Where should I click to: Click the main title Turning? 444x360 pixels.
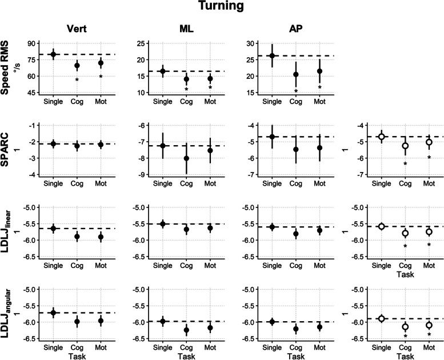click(x=221, y=6)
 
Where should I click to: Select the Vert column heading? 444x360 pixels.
click(x=77, y=29)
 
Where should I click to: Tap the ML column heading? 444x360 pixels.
click(x=186, y=29)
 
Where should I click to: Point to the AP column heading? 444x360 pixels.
click(x=296, y=29)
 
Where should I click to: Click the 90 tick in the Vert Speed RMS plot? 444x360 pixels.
click(x=31, y=43)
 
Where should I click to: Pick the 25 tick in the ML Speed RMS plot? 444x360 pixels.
click(x=141, y=43)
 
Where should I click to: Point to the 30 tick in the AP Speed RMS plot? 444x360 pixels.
click(x=250, y=43)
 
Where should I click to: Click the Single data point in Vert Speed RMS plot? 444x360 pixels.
click(x=53, y=54)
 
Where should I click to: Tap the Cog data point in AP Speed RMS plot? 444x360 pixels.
click(x=296, y=74)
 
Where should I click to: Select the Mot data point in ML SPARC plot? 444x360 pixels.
click(x=210, y=150)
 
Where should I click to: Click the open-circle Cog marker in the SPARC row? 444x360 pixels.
click(x=405, y=146)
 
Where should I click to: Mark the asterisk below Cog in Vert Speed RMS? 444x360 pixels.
click(x=77, y=81)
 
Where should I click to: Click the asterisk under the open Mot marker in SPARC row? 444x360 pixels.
click(x=429, y=158)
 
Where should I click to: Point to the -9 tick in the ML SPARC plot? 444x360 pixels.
click(x=141, y=175)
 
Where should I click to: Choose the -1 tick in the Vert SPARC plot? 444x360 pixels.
click(x=32, y=126)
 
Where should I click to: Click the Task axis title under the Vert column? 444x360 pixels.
click(x=77, y=356)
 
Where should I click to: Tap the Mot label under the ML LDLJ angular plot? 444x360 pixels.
click(x=210, y=347)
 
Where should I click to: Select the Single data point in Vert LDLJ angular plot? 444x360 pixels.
click(x=53, y=313)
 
